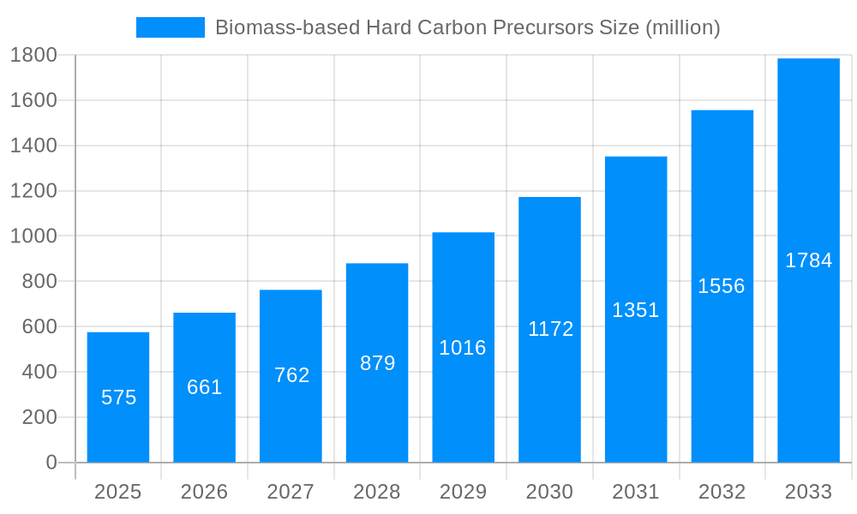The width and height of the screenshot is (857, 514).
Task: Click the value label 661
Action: click(x=205, y=387)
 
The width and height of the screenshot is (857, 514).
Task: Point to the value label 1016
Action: click(x=463, y=348)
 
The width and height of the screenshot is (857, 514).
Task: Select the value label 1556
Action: click(x=722, y=286)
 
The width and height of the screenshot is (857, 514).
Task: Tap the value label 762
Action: click(x=291, y=375)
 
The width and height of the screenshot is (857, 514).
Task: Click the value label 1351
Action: click(x=635, y=310)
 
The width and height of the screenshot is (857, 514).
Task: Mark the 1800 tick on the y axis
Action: click(x=33, y=56)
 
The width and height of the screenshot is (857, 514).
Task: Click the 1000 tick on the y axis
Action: click(x=33, y=236)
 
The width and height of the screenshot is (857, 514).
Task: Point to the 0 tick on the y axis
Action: click(x=51, y=463)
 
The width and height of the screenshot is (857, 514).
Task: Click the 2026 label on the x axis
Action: click(x=205, y=493)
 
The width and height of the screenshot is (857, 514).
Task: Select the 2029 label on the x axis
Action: click(x=463, y=493)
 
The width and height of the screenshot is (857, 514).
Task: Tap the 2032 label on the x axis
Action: click(x=722, y=493)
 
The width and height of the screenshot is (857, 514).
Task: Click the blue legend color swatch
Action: click(x=171, y=27)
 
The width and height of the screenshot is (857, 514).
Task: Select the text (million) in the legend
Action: click(x=682, y=27)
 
